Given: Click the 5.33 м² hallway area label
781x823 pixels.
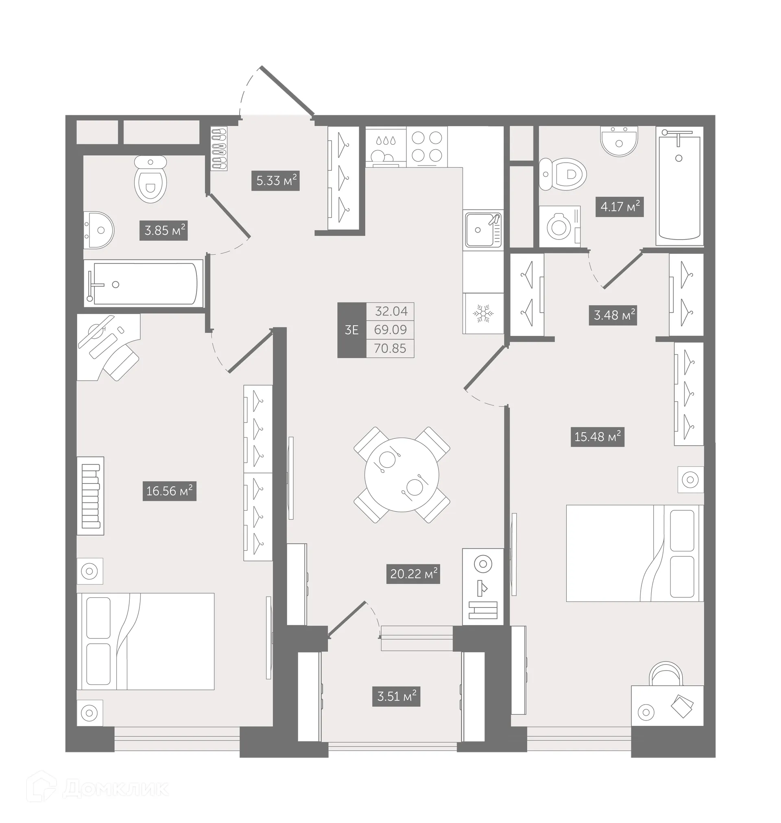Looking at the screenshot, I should point(276,181).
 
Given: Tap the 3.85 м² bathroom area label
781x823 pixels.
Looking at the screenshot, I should point(164,230).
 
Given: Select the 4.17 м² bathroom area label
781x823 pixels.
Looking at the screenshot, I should point(620,207).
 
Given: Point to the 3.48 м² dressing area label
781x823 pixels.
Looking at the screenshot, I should point(613,315).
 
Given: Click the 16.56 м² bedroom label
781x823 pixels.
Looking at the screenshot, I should point(169,491).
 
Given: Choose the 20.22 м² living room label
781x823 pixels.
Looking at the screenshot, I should point(413,574).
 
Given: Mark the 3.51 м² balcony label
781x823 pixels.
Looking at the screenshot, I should point(396,696).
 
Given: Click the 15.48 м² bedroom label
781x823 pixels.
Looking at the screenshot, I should point(597,436).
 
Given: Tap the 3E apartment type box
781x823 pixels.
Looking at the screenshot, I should point(351,330).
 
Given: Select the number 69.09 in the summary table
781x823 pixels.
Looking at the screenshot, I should point(390,329).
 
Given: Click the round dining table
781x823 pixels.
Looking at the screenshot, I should point(402,475).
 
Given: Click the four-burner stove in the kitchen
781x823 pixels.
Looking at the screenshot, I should point(427,146).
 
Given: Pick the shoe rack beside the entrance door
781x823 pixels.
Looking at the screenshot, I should point(219,148).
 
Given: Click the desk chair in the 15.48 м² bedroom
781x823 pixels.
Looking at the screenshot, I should point(668,674).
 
